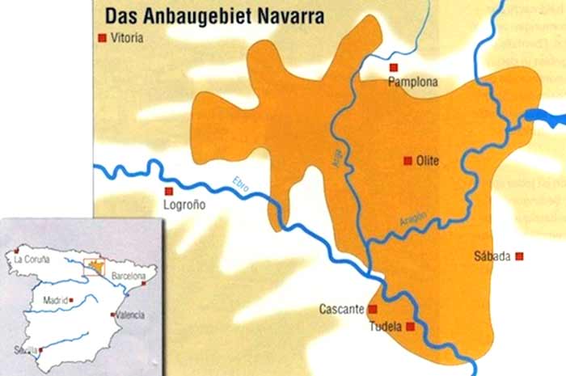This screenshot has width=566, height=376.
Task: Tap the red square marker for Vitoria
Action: (x=102, y=38)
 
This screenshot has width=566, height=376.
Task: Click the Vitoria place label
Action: (x=129, y=38)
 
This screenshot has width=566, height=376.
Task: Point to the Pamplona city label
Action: (x=412, y=82)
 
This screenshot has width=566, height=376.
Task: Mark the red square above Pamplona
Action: (x=394, y=67)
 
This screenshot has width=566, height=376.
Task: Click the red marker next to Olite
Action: (x=408, y=161)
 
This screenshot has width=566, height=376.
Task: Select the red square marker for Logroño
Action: (x=169, y=192)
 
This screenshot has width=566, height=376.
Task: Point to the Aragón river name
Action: (x=412, y=221)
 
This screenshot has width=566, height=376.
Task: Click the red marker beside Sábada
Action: (x=519, y=256)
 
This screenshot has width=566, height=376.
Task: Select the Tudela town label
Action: (x=387, y=327)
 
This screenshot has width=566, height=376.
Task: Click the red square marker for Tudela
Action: (x=411, y=327)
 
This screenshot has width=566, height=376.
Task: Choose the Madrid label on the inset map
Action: (x=55, y=299)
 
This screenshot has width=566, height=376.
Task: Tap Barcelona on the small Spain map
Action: (x=128, y=276)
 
